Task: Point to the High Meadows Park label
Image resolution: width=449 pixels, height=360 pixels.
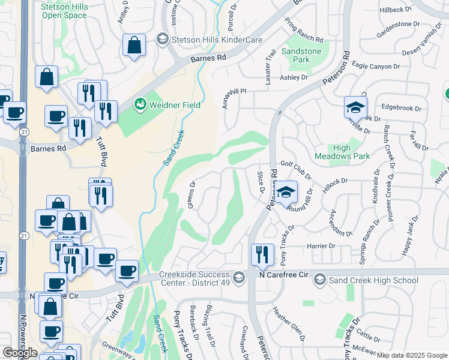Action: (x=350, y=152)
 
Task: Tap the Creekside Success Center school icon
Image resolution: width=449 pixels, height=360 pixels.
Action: (x=239, y=277)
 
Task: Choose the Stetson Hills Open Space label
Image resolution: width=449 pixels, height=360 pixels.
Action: (x=64, y=11)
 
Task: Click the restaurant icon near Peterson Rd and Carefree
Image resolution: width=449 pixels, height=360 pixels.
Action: (x=262, y=254)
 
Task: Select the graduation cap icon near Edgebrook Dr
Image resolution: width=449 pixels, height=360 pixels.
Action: (x=355, y=108)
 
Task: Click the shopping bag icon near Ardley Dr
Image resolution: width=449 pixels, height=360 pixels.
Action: (x=134, y=44)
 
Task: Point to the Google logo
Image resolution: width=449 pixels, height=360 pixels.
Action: (x=20, y=353)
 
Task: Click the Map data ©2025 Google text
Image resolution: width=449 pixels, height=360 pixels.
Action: (x=412, y=355)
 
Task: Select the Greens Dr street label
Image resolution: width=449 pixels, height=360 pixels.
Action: (x=191, y=195)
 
